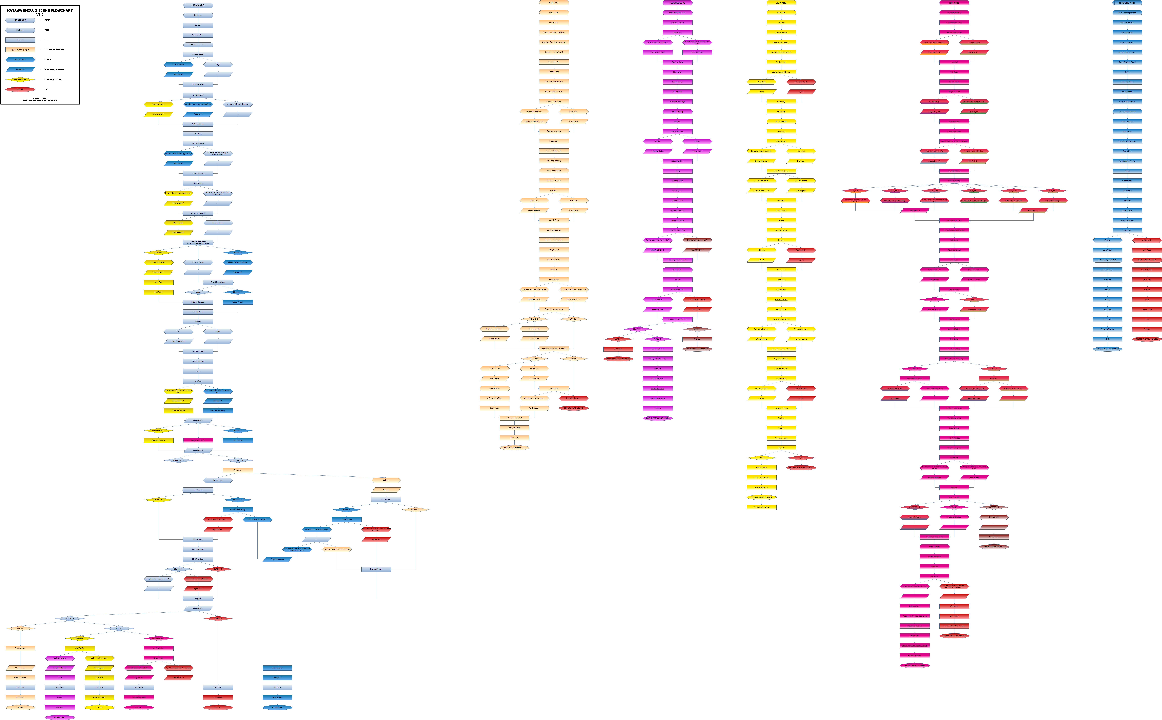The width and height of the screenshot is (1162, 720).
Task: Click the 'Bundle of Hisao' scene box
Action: pyautogui.click(x=198, y=35)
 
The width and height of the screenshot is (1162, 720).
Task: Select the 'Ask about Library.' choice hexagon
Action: pyautogui.click(x=158, y=104)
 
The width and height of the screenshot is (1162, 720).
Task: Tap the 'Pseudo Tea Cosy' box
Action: pyautogui.click(x=198, y=173)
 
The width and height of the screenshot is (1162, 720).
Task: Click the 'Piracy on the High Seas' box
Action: pyautogui.click(x=553, y=91)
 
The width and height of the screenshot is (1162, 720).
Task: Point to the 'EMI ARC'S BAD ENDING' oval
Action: pyautogui.click(x=573, y=408)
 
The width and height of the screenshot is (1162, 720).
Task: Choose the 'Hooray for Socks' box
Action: pyautogui.click(x=514, y=428)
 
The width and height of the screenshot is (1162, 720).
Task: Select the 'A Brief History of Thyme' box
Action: pyautogui.click(x=781, y=72)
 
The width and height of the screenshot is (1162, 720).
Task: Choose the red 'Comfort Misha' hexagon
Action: pyautogui.click(x=1146, y=240)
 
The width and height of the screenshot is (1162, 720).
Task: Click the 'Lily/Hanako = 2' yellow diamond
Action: pyautogui.click(x=79, y=638)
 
